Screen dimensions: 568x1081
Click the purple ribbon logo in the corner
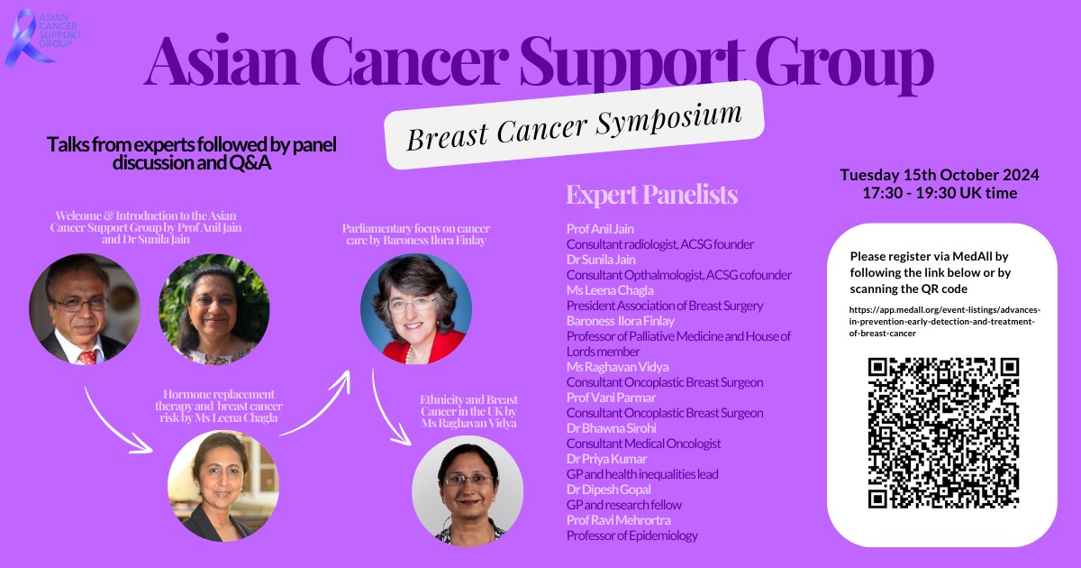pyautogui.click(x=23, y=38)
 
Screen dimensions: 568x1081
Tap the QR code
pyautogui.click(x=943, y=433)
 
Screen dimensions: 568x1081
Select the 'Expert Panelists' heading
pyautogui.click(x=651, y=195)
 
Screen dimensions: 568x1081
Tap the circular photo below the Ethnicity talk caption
pyautogui.click(x=468, y=491)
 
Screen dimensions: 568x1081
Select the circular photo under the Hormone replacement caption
pyautogui.click(x=223, y=485)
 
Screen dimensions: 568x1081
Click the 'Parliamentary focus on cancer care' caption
pyautogui.click(x=416, y=234)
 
